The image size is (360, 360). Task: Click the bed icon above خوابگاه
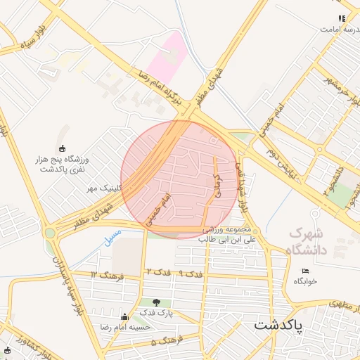pos(305,271)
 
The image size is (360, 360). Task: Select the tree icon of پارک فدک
pos(156,302)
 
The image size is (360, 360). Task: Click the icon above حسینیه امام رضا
pos(125,317)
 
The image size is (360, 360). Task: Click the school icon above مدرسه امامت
pos(341,19)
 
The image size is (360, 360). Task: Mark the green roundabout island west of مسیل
pos(49,233)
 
